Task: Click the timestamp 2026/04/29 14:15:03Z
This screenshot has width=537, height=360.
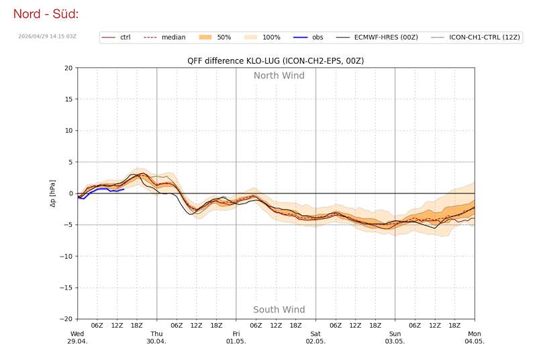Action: tap(47, 36)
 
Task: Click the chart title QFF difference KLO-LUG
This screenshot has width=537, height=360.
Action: tap(275, 61)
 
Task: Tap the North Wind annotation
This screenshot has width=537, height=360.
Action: tap(279, 75)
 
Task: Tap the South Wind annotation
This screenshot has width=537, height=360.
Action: tap(279, 310)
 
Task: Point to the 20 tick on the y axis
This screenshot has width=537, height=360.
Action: tap(69, 68)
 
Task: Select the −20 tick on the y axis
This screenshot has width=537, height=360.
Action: tap(67, 319)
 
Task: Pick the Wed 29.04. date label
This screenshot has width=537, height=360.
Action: tap(78, 336)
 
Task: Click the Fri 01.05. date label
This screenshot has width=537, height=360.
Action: tap(236, 336)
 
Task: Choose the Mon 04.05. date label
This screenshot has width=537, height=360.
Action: tap(475, 336)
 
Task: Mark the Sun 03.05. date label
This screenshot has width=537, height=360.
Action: tap(395, 336)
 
